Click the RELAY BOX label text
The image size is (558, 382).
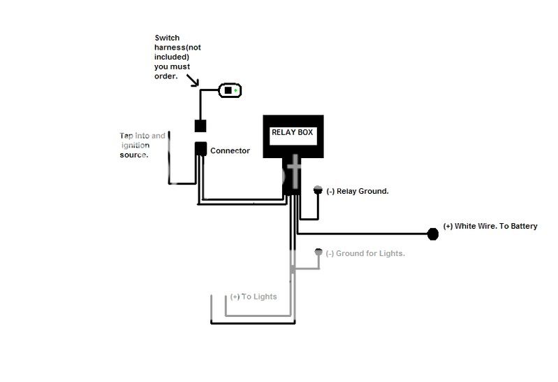tap(293, 132)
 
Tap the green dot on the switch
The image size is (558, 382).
tap(236, 90)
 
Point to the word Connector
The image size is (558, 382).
tap(230, 150)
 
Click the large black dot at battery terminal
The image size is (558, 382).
tap(432, 234)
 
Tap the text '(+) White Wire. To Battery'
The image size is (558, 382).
tap(490, 227)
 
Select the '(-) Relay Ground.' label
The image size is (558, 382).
tap(358, 191)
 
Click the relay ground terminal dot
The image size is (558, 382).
tap(318, 190)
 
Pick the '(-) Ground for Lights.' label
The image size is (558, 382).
tap(365, 253)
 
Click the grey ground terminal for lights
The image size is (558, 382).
tap(318, 252)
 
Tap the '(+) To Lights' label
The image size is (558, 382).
tap(254, 297)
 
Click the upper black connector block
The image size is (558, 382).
tap(200, 126)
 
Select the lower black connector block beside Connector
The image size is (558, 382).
tap(200, 149)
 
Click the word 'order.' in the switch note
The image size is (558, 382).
tap(166, 76)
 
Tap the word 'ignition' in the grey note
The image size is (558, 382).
tap(136, 145)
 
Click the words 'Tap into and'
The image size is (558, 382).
tap(142, 136)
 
